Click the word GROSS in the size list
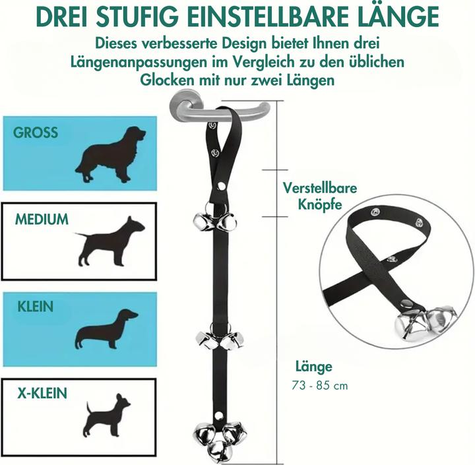tap(36, 133)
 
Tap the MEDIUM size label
tap(42, 220)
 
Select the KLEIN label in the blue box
tap(36, 307)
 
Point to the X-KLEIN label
tap(42, 393)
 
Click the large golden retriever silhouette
tap(111, 154)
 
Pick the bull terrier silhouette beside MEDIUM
tap(110, 241)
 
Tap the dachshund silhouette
tap(106, 329)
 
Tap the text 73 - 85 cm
tap(320, 386)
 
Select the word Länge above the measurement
tap(314, 367)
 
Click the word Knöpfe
tap(320, 204)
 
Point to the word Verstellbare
tap(320, 188)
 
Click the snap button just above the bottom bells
tap(219, 414)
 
